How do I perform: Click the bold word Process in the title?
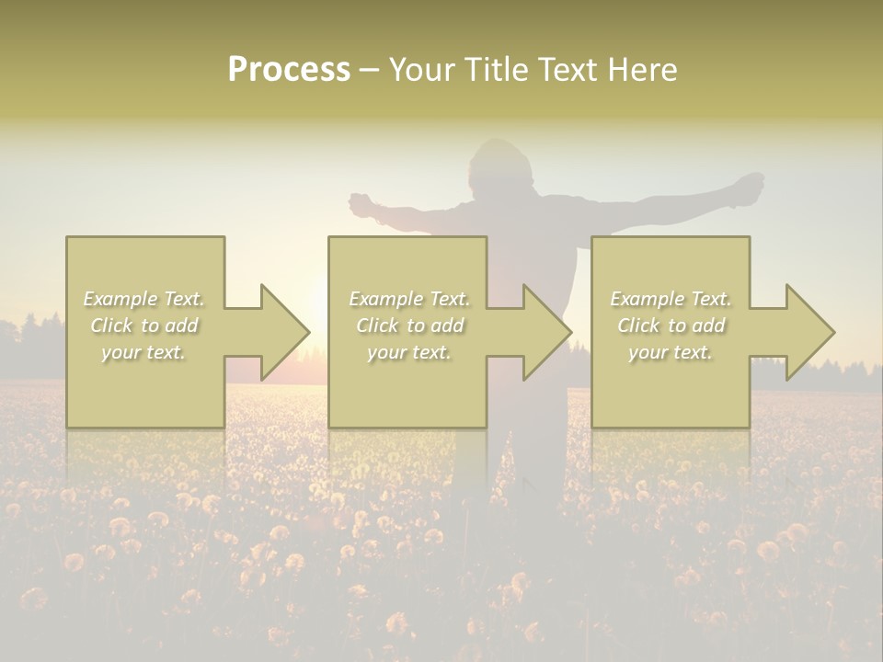pos(289,70)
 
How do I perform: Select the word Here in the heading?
pos(643,70)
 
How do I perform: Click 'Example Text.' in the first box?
pos(143,299)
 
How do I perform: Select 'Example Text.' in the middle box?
pos(408,299)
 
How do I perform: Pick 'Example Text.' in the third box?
pos(670,299)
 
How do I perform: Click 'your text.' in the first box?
pos(143,352)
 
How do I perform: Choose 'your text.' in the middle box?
pos(408,352)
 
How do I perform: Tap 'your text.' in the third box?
pos(670,352)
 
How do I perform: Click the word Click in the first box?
pos(112,325)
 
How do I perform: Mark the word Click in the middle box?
pos(378,325)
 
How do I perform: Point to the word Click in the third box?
pos(639,325)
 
